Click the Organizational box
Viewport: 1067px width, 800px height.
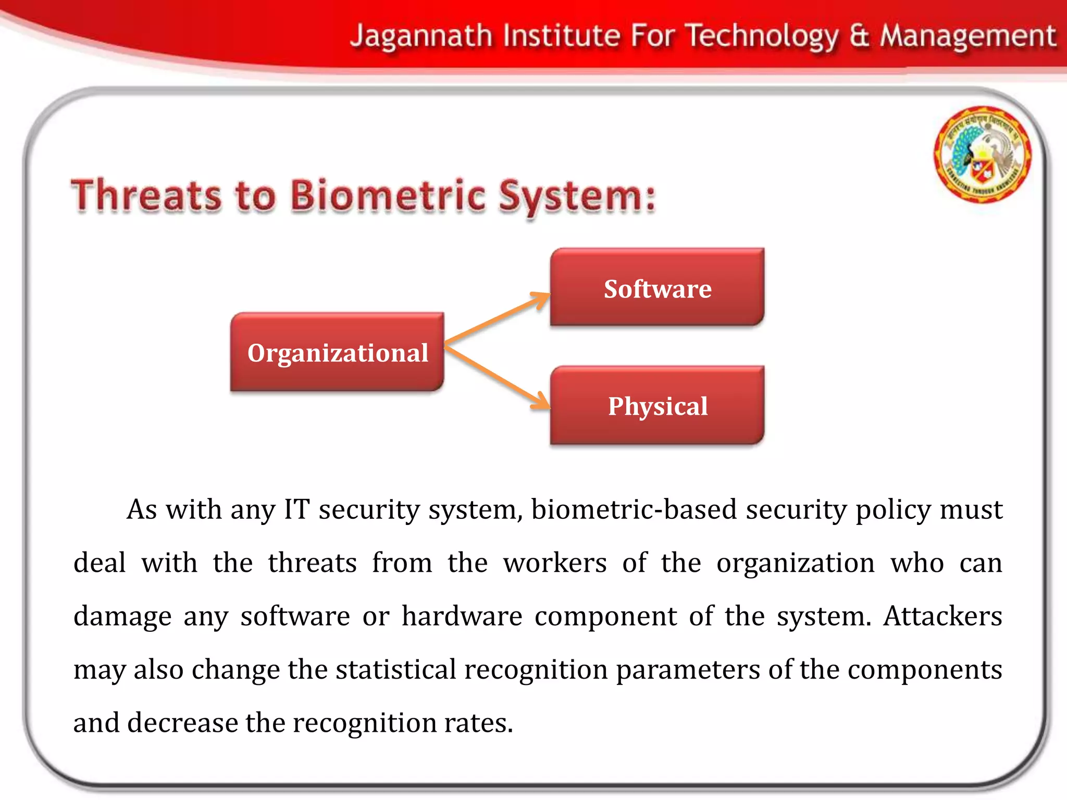337,352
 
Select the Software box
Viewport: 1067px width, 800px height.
657,288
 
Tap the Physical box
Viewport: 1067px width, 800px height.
657,406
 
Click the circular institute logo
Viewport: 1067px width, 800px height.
982,155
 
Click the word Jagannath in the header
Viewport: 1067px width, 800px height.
421,36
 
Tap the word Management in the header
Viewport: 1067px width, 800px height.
967,36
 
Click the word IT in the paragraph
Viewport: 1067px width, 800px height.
296,509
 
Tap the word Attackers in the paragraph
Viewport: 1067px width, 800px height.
942,616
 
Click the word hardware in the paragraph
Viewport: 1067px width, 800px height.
462,616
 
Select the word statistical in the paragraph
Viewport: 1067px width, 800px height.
395,670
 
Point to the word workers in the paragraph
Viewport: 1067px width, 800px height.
554,563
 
